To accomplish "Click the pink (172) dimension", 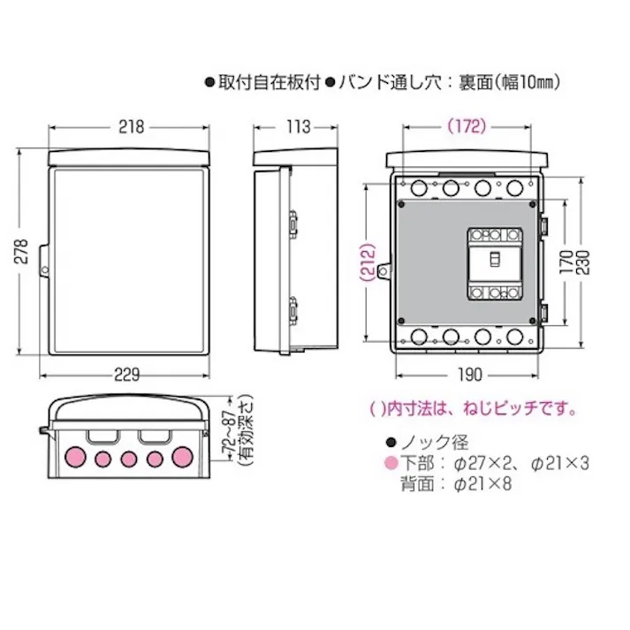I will (x=466, y=126).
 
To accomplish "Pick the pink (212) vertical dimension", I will (x=368, y=262).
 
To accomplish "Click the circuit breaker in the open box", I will (x=494, y=263).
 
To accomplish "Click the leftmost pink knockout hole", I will (x=74, y=457).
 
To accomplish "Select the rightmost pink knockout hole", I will (x=184, y=457).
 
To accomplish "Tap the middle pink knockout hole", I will (x=129, y=459).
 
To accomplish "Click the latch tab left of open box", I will (x=383, y=273).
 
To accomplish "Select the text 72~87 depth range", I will (x=228, y=430).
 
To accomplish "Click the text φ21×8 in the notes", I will (x=482, y=483).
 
